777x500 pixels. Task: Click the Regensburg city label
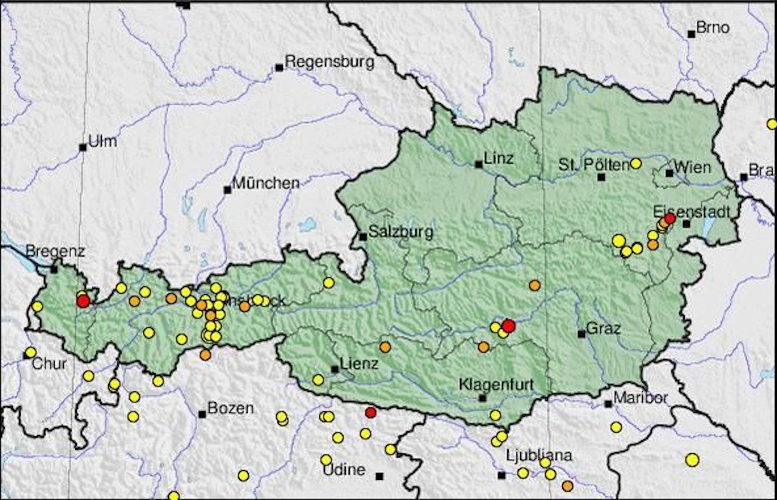[329, 62]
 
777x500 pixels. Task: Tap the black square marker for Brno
[691, 35]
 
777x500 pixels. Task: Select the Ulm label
[102, 142]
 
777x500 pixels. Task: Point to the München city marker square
[227, 190]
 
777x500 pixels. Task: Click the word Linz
[498, 159]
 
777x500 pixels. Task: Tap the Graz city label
[603, 329]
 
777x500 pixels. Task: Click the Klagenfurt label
[496, 384]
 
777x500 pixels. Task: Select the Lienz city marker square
[334, 369]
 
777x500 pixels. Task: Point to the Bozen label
[230, 408]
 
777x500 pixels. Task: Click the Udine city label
[344, 470]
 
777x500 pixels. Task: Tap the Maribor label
[640, 398]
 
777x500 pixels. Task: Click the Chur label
[49, 364]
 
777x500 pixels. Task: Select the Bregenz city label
[55, 251]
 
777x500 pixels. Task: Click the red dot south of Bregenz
[83, 301]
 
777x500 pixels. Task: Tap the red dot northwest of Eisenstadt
[670, 218]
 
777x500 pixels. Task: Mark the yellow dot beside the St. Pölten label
[636, 163]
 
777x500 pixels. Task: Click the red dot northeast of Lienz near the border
[370, 413]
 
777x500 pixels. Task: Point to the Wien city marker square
[669, 173]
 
